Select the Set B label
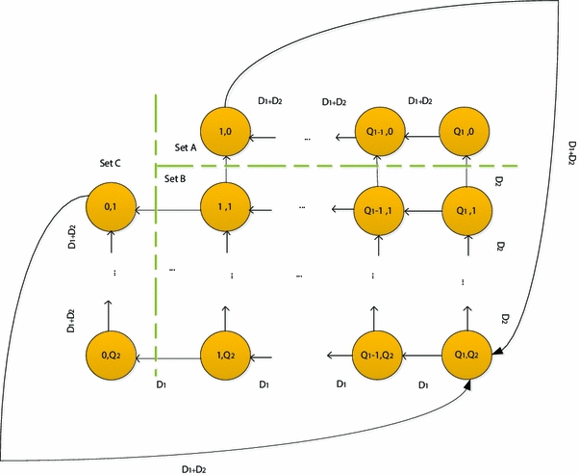click(176, 179)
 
